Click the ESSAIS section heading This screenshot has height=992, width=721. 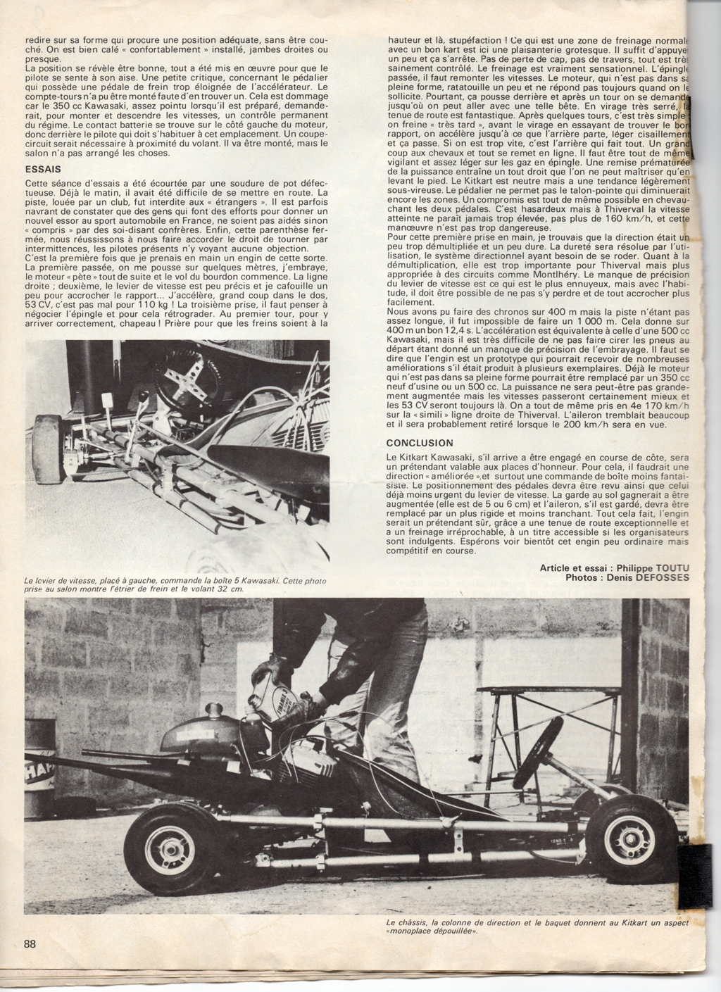pos(42,169)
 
